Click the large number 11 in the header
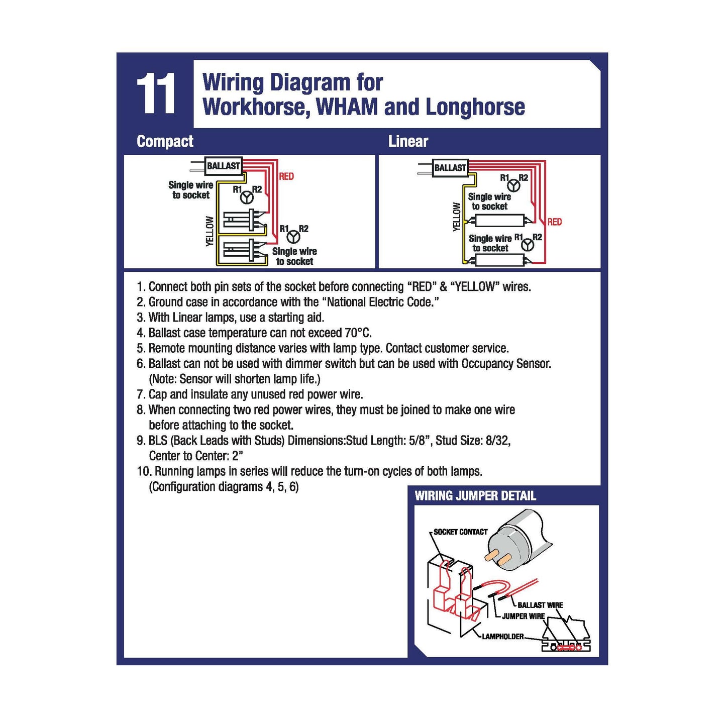156,94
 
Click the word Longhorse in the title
475,107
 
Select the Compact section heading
165,142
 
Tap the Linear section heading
408,142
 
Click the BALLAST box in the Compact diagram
224,166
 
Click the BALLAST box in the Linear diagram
450,168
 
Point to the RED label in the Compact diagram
286,176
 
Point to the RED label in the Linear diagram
555,222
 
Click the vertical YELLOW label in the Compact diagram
210,231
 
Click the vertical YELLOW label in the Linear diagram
456,217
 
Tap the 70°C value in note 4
358,333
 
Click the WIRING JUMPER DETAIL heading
475,496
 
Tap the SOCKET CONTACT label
460,532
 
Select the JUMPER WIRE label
523,616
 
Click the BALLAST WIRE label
540,605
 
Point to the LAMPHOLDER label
502,637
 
